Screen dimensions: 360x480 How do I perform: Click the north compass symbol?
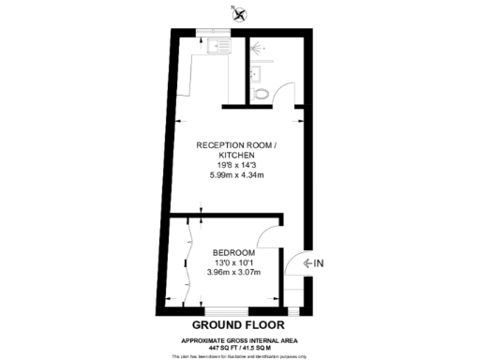coord(239,13)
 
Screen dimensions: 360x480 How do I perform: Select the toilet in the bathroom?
coord(262,91)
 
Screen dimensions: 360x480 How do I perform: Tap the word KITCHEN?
coord(239,156)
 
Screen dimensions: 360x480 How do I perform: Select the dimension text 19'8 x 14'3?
coord(239,167)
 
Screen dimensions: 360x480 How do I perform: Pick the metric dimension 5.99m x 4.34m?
coord(239,178)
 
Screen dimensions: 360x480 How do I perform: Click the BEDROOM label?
coord(230,252)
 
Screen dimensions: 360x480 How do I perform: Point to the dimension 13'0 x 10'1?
coord(230,263)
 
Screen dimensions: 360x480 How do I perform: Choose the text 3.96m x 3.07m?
coord(230,274)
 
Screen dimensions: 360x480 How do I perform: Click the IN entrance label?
coord(320,262)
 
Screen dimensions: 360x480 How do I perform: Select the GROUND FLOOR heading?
coord(239,325)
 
